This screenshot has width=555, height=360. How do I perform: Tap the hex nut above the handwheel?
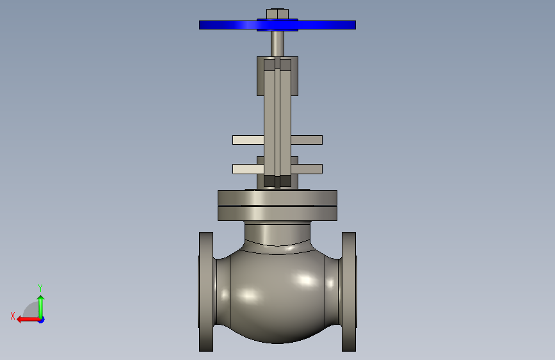277,14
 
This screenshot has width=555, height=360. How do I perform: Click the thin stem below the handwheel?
277,44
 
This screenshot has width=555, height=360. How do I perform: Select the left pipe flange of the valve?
206,291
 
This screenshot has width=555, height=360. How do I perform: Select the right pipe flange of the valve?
349,291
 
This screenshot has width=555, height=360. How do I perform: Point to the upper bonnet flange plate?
277,198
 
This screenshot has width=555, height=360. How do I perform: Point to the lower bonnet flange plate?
277,214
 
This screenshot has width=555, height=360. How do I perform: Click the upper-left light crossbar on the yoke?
248,140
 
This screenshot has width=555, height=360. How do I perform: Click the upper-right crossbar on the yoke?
307,140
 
